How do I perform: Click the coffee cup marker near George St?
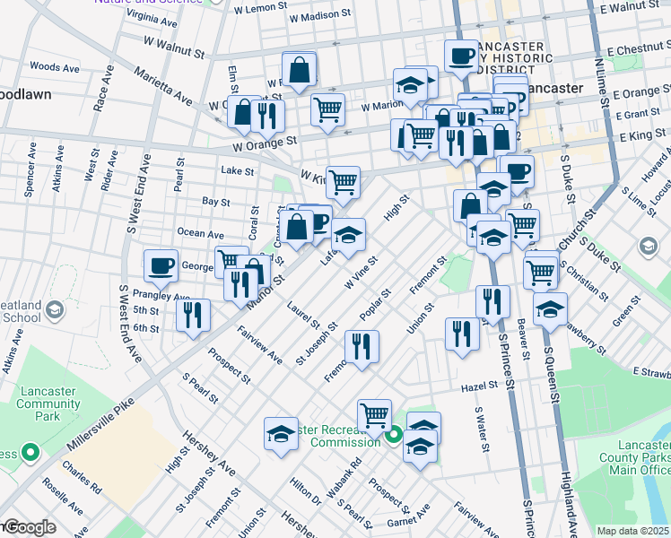[x=161, y=265]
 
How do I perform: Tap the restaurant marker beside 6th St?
[x=193, y=315]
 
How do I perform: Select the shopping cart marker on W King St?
[x=343, y=183]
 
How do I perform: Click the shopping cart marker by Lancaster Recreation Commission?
[x=374, y=415]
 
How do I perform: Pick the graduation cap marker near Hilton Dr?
[x=281, y=434]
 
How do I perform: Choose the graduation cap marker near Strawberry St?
[x=549, y=309]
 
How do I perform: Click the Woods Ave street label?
[x=54, y=67]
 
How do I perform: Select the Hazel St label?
[x=480, y=386]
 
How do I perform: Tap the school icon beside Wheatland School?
[x=54, y=309]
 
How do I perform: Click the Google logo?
[x=29, y=527]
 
